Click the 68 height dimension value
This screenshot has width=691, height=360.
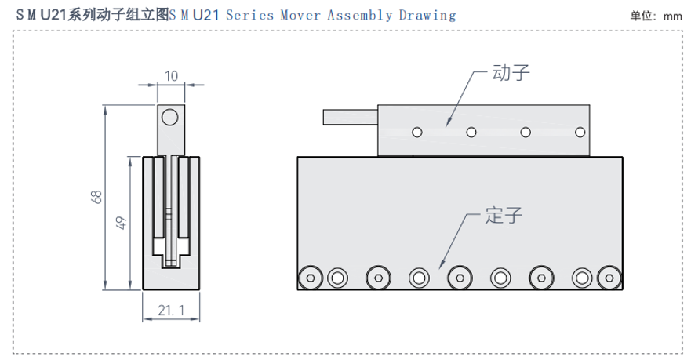tap(96, 198)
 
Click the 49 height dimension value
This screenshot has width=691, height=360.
tap(120, 223)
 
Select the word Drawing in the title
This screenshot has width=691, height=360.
tap(424, 15)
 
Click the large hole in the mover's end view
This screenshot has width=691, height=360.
tap(170, 118)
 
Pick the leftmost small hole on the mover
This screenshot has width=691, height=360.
tap(417, 132)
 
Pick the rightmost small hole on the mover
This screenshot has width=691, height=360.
tap(580, 132)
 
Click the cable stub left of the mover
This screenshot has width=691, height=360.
tap(350, 117)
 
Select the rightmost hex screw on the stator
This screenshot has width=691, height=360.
tap(608, 276)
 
